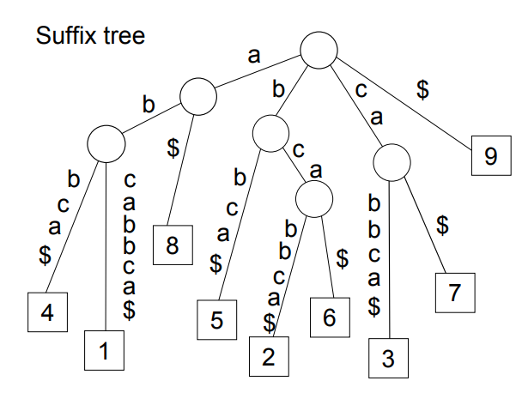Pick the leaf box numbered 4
tap(47, 313)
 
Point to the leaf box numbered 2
tap(268, 356)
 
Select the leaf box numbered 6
tap(331, 316)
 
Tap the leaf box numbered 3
tap(388, 359)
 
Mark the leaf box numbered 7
tap(454, 293)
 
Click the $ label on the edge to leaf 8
tap(173, 148)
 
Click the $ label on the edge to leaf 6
tap(343, 257)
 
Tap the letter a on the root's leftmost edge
tap(254, 57)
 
